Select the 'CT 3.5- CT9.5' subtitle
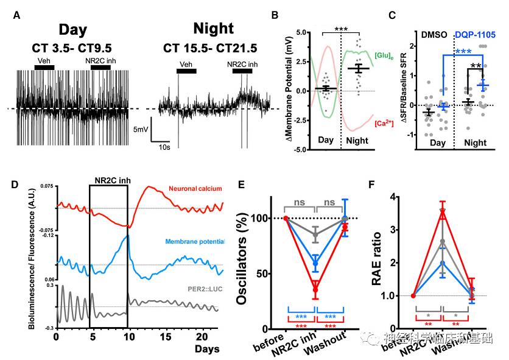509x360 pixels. (x=79, y=48)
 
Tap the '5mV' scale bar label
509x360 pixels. (x=140, y=129)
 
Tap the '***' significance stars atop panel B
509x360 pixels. (x=341, y=29)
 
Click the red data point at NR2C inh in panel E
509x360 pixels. (x=314, y=289)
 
